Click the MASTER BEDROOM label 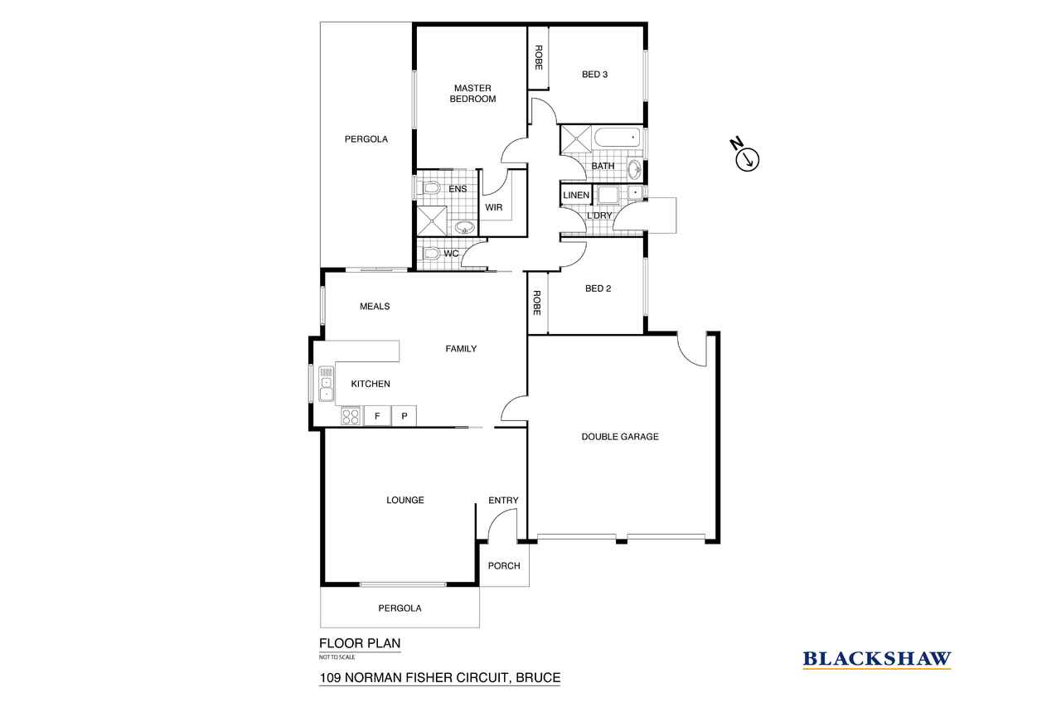tap(472, 94)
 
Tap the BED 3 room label tap(594, 75)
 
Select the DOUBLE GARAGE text tap(620, 437)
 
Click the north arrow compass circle tap(748, 160)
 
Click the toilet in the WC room tap(430, 254)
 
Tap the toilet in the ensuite tap(430, 189)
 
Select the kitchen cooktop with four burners tap(351, 417)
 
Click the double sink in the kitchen tap(326, 384)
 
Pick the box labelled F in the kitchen tap(377, 416)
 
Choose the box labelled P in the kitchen tap(404, 416)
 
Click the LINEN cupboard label tap(576, 195)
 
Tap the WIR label tap(493, 207)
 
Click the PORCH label tap(504, 566)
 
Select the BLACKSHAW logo tap(877, 659)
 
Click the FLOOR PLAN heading tap(360, 643)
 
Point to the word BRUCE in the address tap(538, 678)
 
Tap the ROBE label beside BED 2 tap(536, 303)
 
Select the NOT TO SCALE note tap(337, 657)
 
